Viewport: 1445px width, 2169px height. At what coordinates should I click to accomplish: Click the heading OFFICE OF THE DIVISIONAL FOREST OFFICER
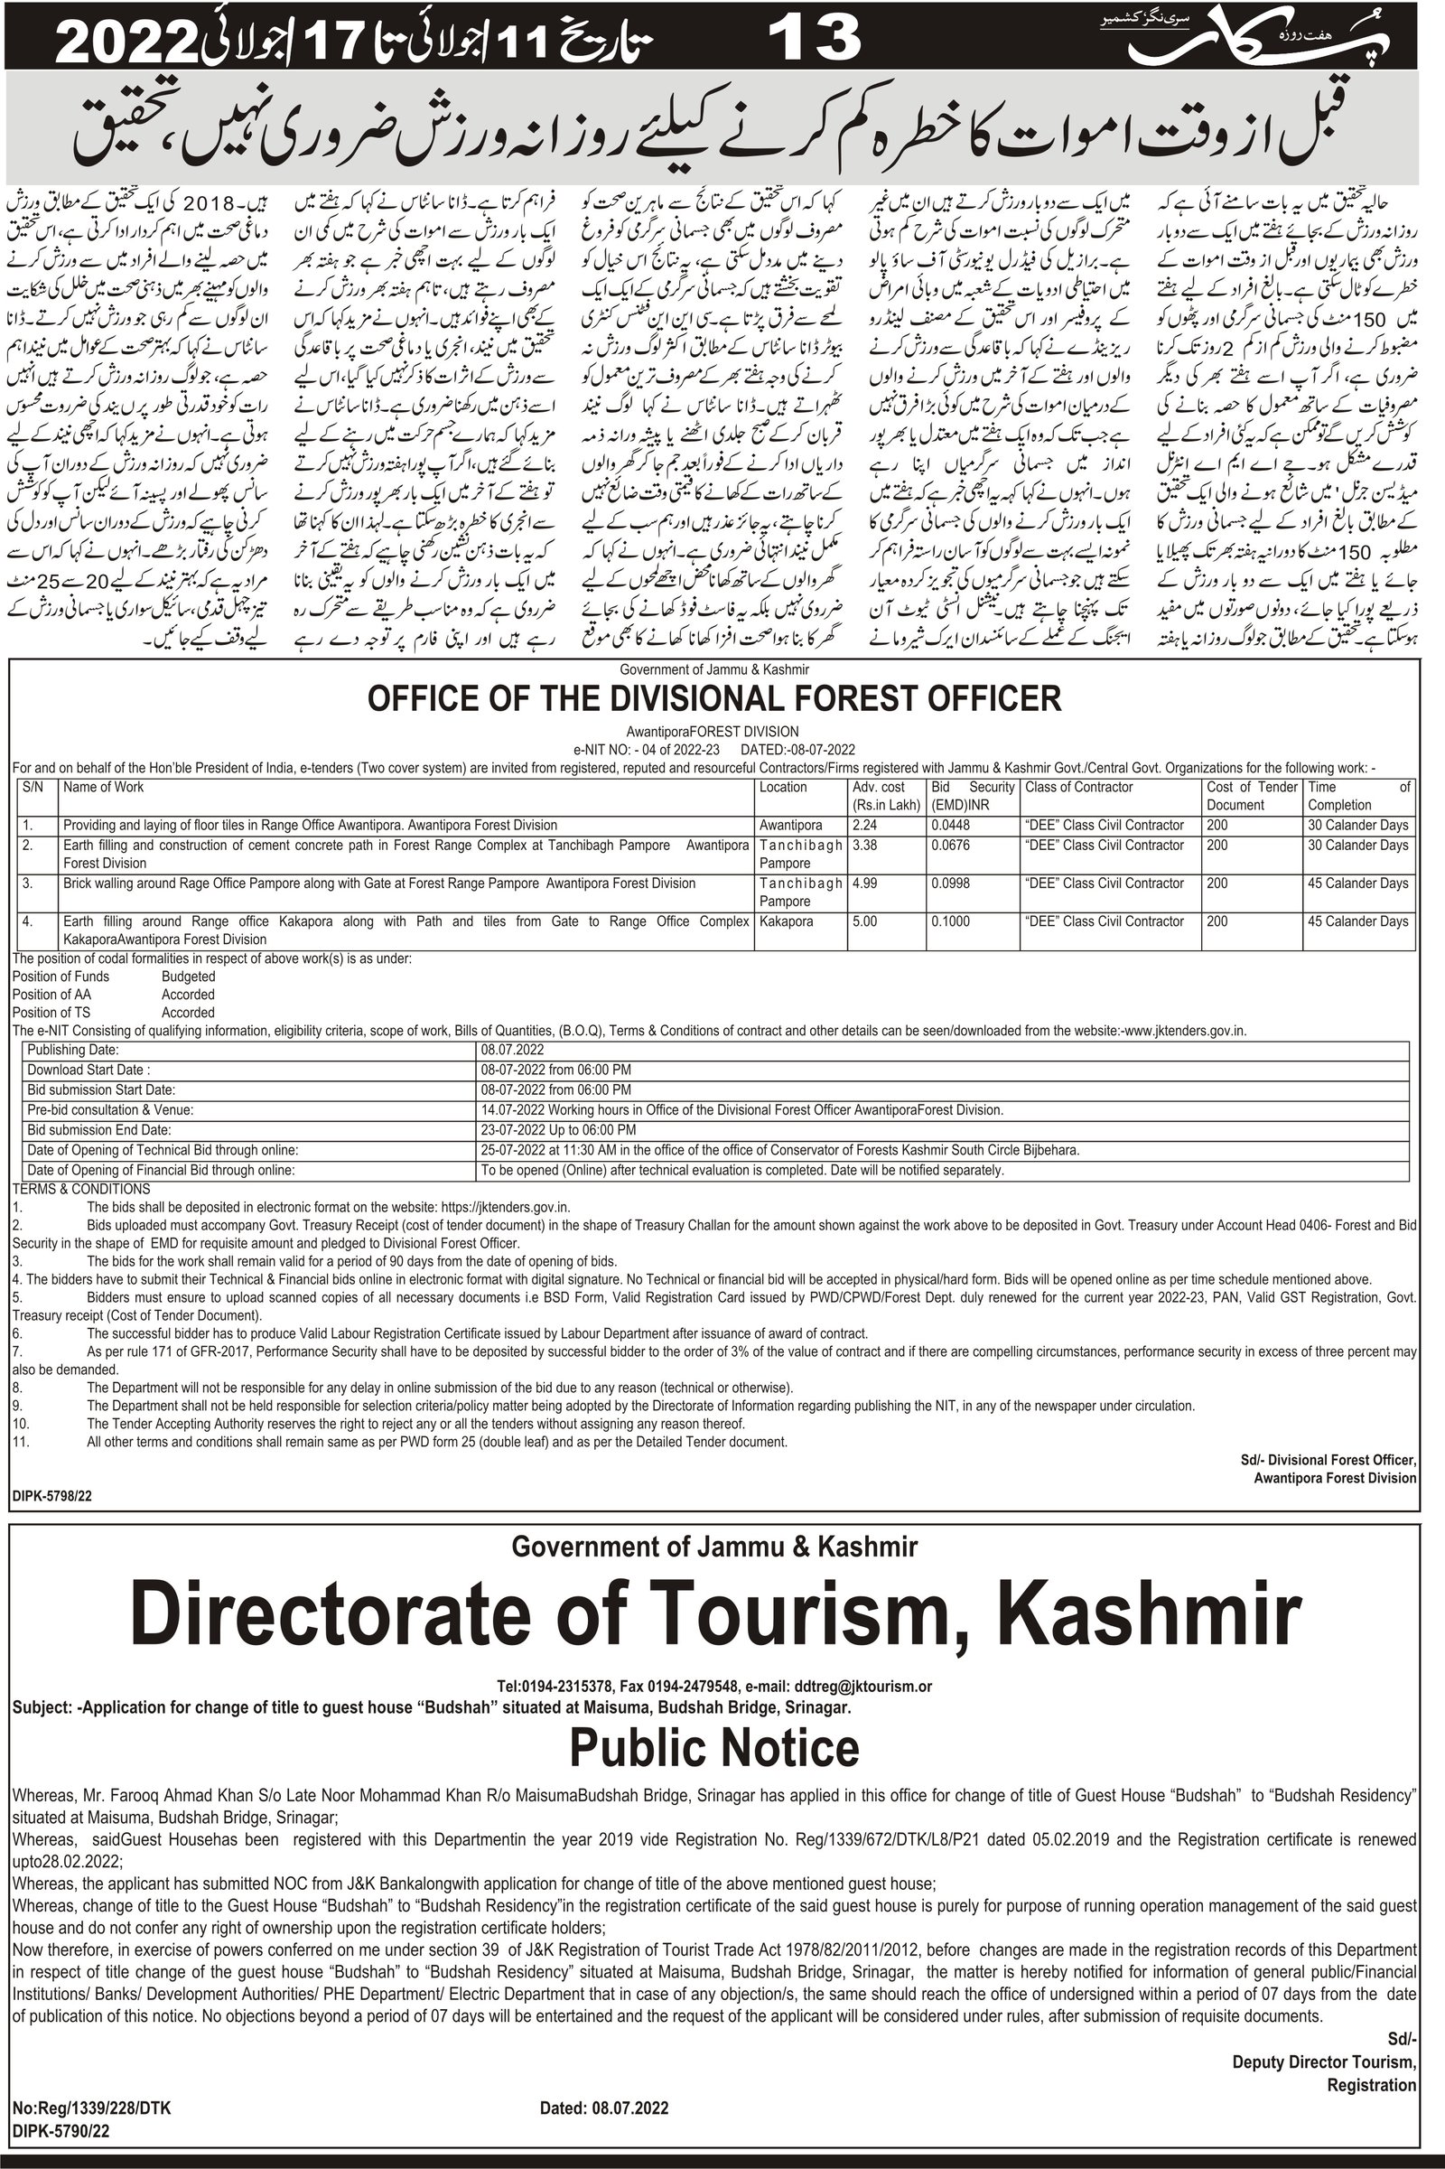pos(714,697)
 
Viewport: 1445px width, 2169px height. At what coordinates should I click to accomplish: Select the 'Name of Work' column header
pos(103,787)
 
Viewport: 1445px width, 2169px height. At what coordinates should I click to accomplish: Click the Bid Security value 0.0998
pos(950,883)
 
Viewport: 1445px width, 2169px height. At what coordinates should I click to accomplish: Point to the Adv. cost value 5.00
pos(864,921)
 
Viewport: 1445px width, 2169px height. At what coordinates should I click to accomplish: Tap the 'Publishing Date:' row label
pos(73,1050)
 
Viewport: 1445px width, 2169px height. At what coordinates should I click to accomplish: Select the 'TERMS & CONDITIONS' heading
pos(81,1189)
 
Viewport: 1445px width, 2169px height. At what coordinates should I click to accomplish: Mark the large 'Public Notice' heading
pos(714,1747)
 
